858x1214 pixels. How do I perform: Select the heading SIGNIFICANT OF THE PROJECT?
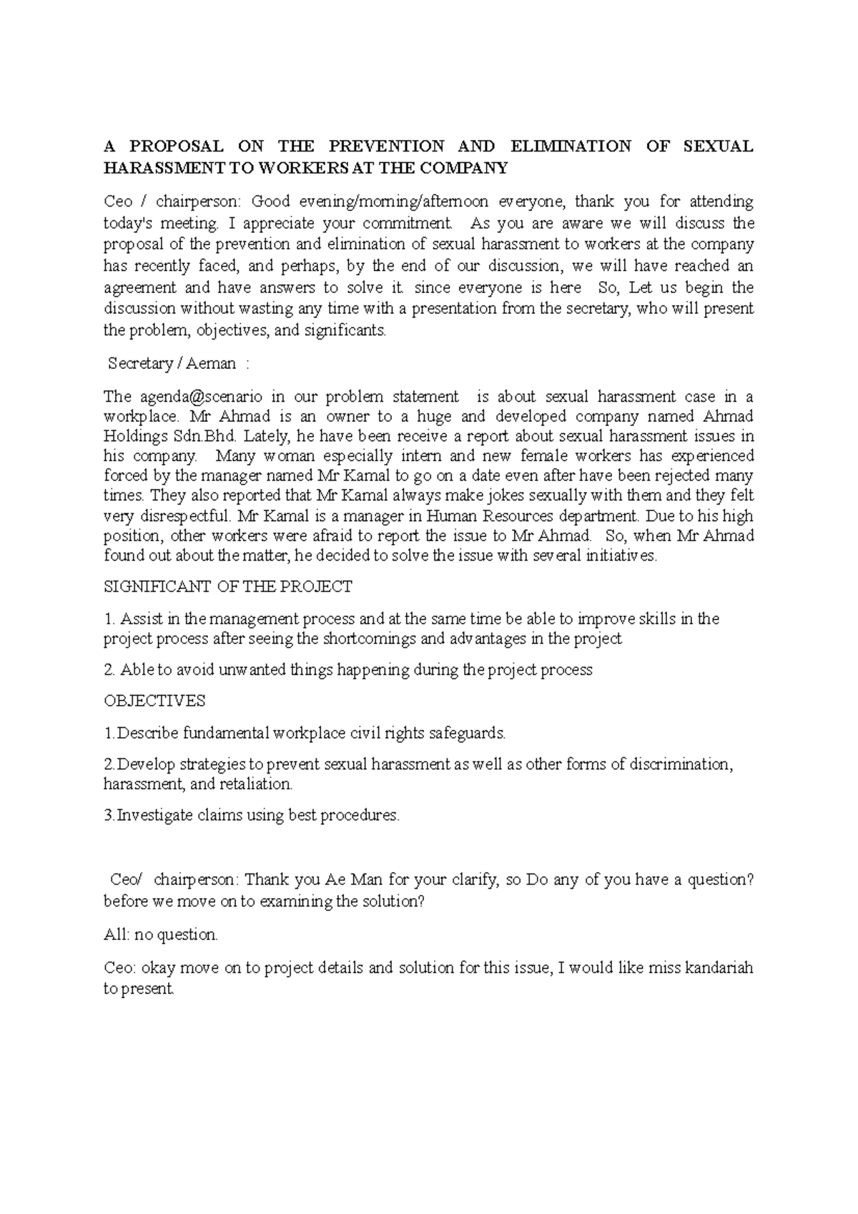coord(228,587)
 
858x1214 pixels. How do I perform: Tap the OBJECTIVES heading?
coord(154,701)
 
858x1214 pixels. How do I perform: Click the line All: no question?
coord(161,934)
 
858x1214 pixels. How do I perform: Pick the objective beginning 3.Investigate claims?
coord(252,815)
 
